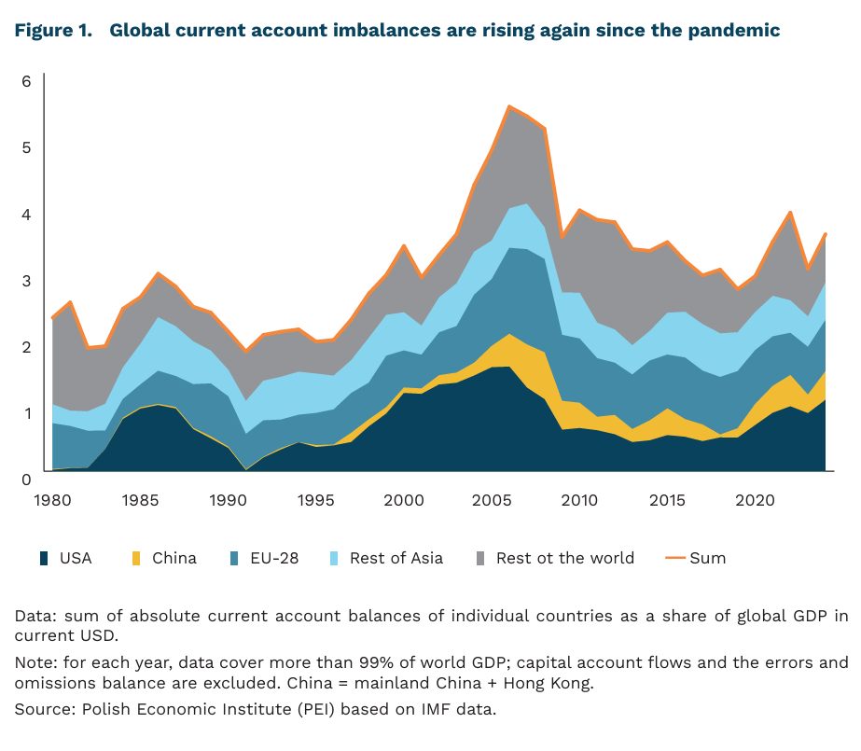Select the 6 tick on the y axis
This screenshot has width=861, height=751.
click(x=27, y=82)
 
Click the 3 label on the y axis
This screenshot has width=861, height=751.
click(x=27, y=281)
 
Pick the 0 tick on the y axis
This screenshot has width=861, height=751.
click(x=27, y=479)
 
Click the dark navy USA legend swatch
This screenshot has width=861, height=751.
click(x=43, y=559)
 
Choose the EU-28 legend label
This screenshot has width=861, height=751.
click(x=278, y=559)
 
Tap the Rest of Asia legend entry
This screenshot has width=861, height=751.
click(x=396, y=559)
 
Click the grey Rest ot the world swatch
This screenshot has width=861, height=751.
click(x=479, y=559)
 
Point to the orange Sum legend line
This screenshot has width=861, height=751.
click(x=675, y=559)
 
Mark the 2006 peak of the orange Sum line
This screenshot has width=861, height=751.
click(x=509, y=106)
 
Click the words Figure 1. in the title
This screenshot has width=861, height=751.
click(x=53, y=30)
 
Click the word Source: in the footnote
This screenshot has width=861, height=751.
click(x=40, y=710)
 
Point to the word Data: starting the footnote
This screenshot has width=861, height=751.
click(x=34, y=616)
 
